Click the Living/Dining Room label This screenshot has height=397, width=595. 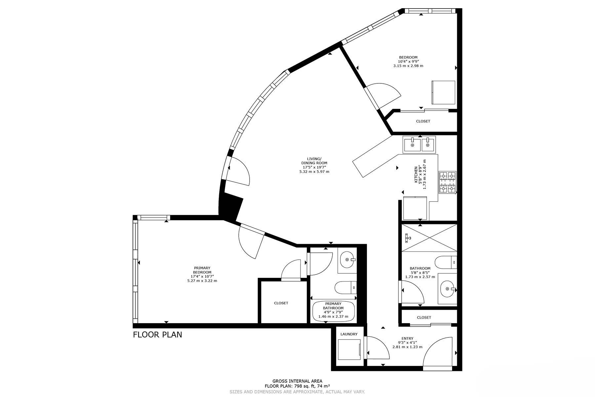point(314,161)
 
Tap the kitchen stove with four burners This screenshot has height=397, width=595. point(447,182)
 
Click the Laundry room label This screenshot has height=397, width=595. point(349,334)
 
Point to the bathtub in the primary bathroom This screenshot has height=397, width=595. point(334,311)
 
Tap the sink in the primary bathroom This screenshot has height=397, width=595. point(347,260)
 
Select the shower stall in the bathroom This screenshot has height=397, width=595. point(429,238)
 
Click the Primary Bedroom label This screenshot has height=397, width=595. point(202,270)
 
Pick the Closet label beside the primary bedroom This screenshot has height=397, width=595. point(281,303)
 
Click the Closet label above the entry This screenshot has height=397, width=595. point(424,318)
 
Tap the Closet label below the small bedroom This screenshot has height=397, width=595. point(423,121)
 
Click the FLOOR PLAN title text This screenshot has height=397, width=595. point(157,334)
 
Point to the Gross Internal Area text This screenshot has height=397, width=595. point(297,381)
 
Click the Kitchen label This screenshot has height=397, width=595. point(416,174)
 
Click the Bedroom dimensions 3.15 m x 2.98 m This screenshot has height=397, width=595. point(408,66)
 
